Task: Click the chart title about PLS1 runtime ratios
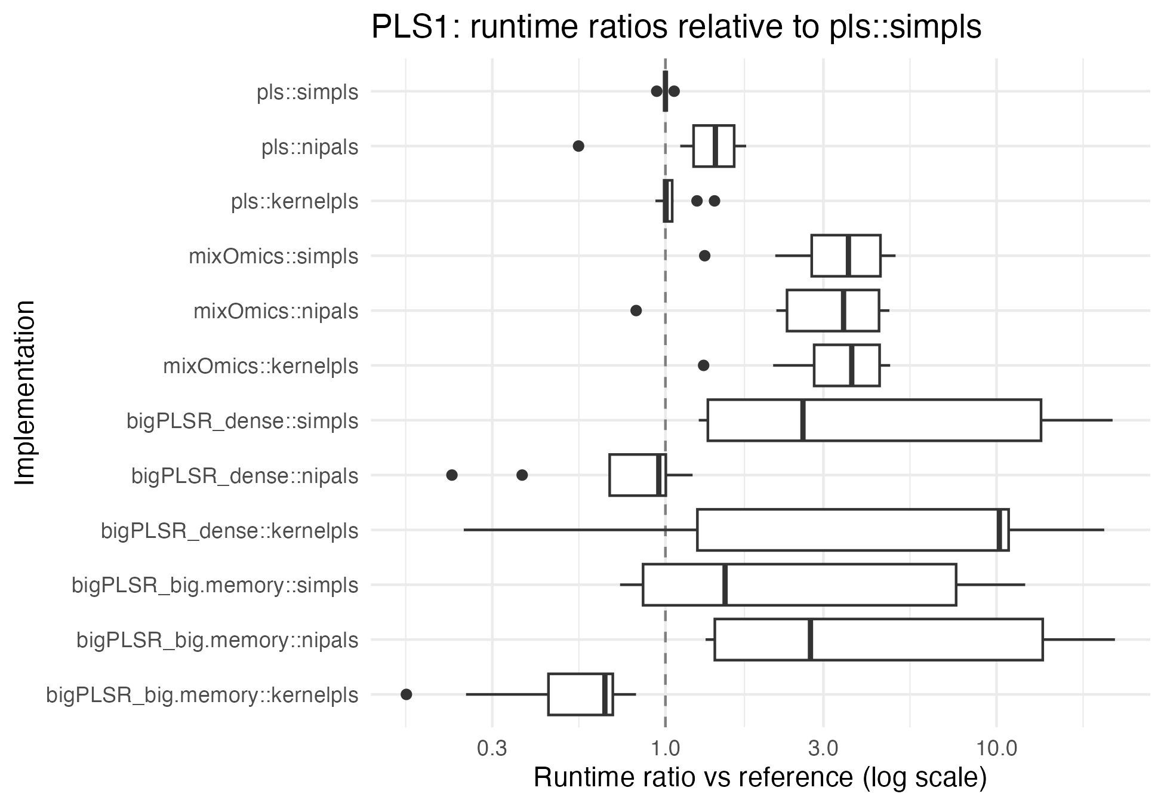676,27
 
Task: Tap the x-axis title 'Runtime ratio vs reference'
759,777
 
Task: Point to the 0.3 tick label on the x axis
492,749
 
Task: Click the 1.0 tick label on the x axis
665,749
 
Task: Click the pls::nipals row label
310,147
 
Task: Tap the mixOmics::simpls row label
273,257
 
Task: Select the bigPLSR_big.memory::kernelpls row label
202,696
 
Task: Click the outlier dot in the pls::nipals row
578,146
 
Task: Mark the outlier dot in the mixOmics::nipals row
636,310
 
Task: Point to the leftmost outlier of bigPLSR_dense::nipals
452,475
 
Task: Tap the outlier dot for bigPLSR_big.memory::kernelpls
407,694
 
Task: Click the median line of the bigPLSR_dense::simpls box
803,420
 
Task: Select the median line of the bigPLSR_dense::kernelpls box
1000,530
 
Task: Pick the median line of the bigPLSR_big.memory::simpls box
725,585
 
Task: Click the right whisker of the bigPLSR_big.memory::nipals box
1079,639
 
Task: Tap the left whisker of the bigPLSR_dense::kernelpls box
579,530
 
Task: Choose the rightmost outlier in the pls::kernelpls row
715,201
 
